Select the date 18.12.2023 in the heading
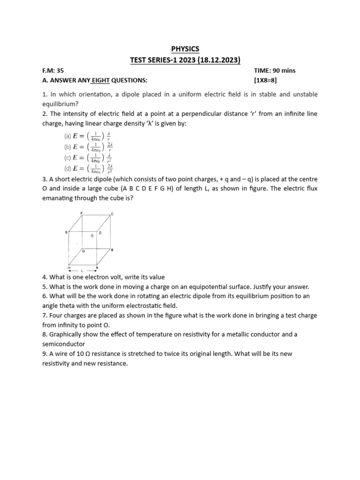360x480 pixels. [x=217, y=60]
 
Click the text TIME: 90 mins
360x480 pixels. [x=275, y=70]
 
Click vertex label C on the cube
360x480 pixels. [x=112, y=214]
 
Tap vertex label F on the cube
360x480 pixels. [x=82, y=213]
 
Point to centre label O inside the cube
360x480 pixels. [x=92, y=236]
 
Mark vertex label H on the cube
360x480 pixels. [x=68, y=267]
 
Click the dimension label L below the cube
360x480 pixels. [x=82, y=271]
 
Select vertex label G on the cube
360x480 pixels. [x=83, y=251]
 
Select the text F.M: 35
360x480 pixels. [x=52, y=70]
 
